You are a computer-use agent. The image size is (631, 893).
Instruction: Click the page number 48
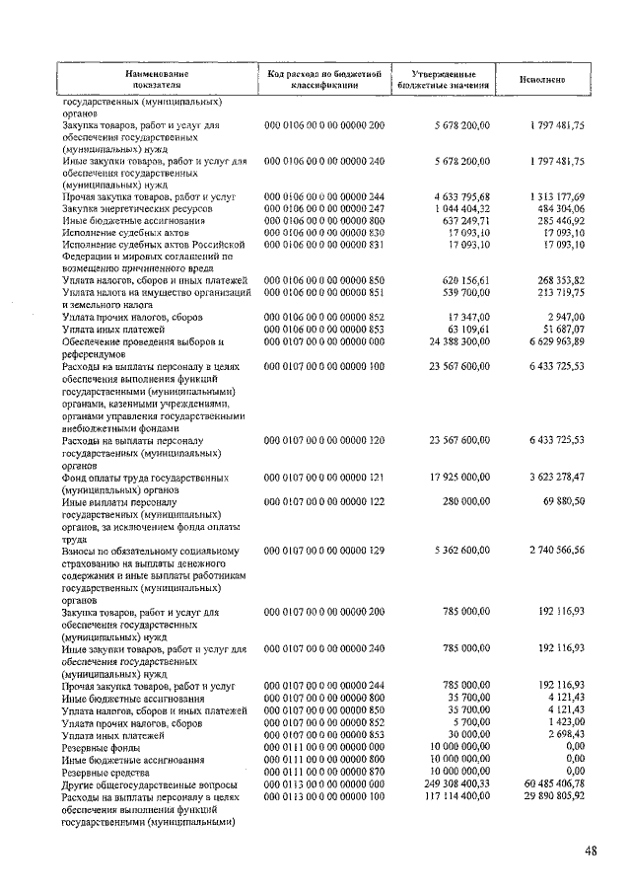pos(590,853)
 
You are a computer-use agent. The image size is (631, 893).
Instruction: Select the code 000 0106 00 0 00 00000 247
pos(323,209)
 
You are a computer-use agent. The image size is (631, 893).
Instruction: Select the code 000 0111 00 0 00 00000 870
pos(323,772)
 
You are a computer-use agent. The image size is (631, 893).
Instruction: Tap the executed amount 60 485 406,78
pos(553,783)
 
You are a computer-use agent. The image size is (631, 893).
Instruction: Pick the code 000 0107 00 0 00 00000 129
pos(323,551)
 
